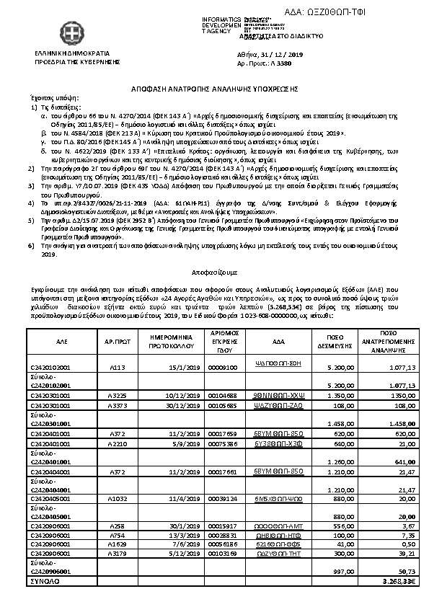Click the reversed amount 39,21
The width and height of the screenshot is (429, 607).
point(408,554)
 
